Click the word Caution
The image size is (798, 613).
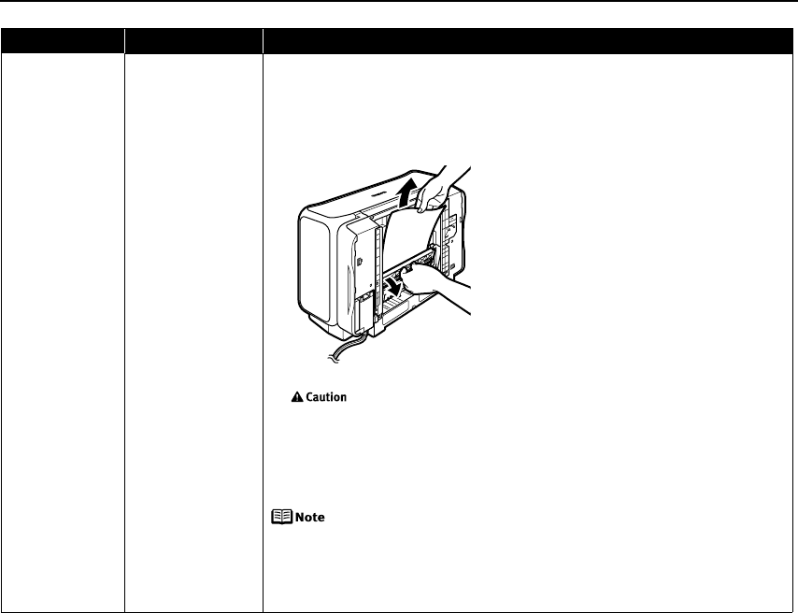click(x=326, y=397)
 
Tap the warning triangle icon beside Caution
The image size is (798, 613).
click(x=296, y=397)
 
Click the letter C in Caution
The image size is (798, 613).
click(x=309, y=397)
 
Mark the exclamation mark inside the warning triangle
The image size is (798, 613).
click(x=296, y=398)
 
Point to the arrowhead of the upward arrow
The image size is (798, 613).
click(x=405, y=188)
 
